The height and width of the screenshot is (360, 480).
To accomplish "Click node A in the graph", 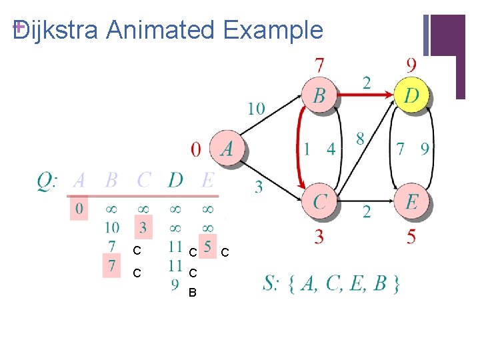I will coord(227,147).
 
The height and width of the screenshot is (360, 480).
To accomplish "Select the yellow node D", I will coord(412,95).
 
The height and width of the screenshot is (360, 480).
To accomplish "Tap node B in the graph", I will coord(319,95).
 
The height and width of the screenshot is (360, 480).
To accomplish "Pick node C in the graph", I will coord(319,201).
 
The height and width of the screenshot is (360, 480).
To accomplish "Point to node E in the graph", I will coord(412,201).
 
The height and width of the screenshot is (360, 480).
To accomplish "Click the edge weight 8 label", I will coord(360,139).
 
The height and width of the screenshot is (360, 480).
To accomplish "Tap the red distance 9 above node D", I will coord(411,65).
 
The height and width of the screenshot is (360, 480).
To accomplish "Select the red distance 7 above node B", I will coord(319,65).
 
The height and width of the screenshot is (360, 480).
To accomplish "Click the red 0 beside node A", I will coord(195,149).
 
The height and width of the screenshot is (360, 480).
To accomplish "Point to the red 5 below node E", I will coord(411,235).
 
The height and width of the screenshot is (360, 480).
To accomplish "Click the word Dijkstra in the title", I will coord(57,30).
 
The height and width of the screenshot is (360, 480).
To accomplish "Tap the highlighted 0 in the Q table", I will coord(79,209).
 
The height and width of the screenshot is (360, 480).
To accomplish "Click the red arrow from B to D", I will coord(364,95).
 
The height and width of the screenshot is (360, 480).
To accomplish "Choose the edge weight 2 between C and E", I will coord(367,212).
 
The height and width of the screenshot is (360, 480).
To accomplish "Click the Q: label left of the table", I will coord(48,181).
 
